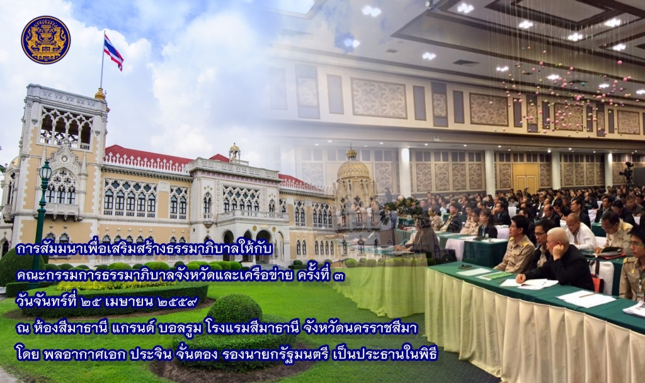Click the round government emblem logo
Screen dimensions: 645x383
(45, 40)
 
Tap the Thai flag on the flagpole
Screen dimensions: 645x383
(113, 52)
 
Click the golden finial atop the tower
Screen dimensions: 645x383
(100, 93)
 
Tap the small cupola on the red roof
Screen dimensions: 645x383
(234, 152)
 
